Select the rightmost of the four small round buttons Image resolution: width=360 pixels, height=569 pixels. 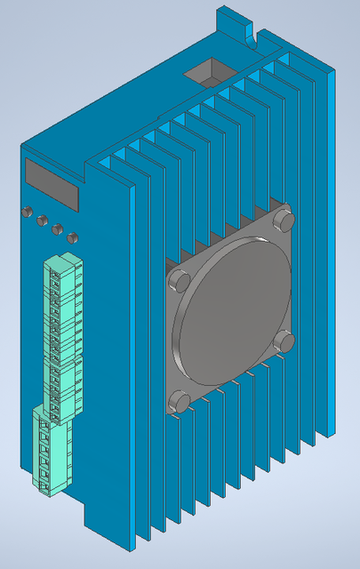tap(72, 237)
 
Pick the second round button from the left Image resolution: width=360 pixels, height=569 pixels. tap(41, 220)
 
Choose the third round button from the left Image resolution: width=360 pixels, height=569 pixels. tap(57, 229)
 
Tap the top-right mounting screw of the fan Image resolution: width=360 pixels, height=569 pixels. tap(284, 218)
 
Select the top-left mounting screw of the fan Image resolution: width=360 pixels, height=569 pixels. tap(178, 280)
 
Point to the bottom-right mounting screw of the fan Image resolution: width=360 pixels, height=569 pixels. tap(284, 341)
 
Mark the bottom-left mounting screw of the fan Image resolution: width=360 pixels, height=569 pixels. tap(180, 401)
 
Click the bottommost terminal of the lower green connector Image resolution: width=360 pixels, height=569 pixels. tap(44, 480)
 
